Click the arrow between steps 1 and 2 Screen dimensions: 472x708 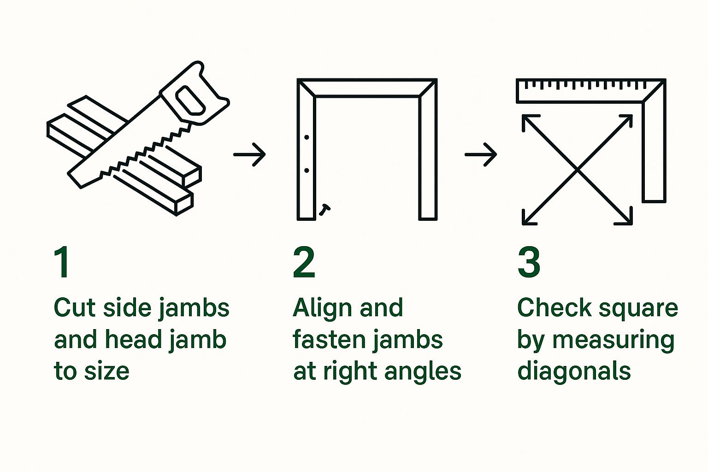pyautogui.click(x=250, y=154)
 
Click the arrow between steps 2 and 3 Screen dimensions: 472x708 pyautogui.click(x=481, y=154)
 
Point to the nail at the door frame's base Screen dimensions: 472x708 pyautogui.click(x=324, y=210)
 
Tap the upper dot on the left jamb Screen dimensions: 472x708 pyautogui.click(x=307, y=137)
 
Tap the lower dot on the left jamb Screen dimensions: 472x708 pyautogui.click(x=307, y=171)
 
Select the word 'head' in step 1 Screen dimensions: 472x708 pyautogui.click(x=134, y=340)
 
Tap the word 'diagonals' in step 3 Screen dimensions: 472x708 pyautogui.click(x=574, y=371)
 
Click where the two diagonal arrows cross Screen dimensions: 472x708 pyautogui.click(x=577, y=170)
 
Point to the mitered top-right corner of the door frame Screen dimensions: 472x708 pyautogui.click(x=428, y=88)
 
